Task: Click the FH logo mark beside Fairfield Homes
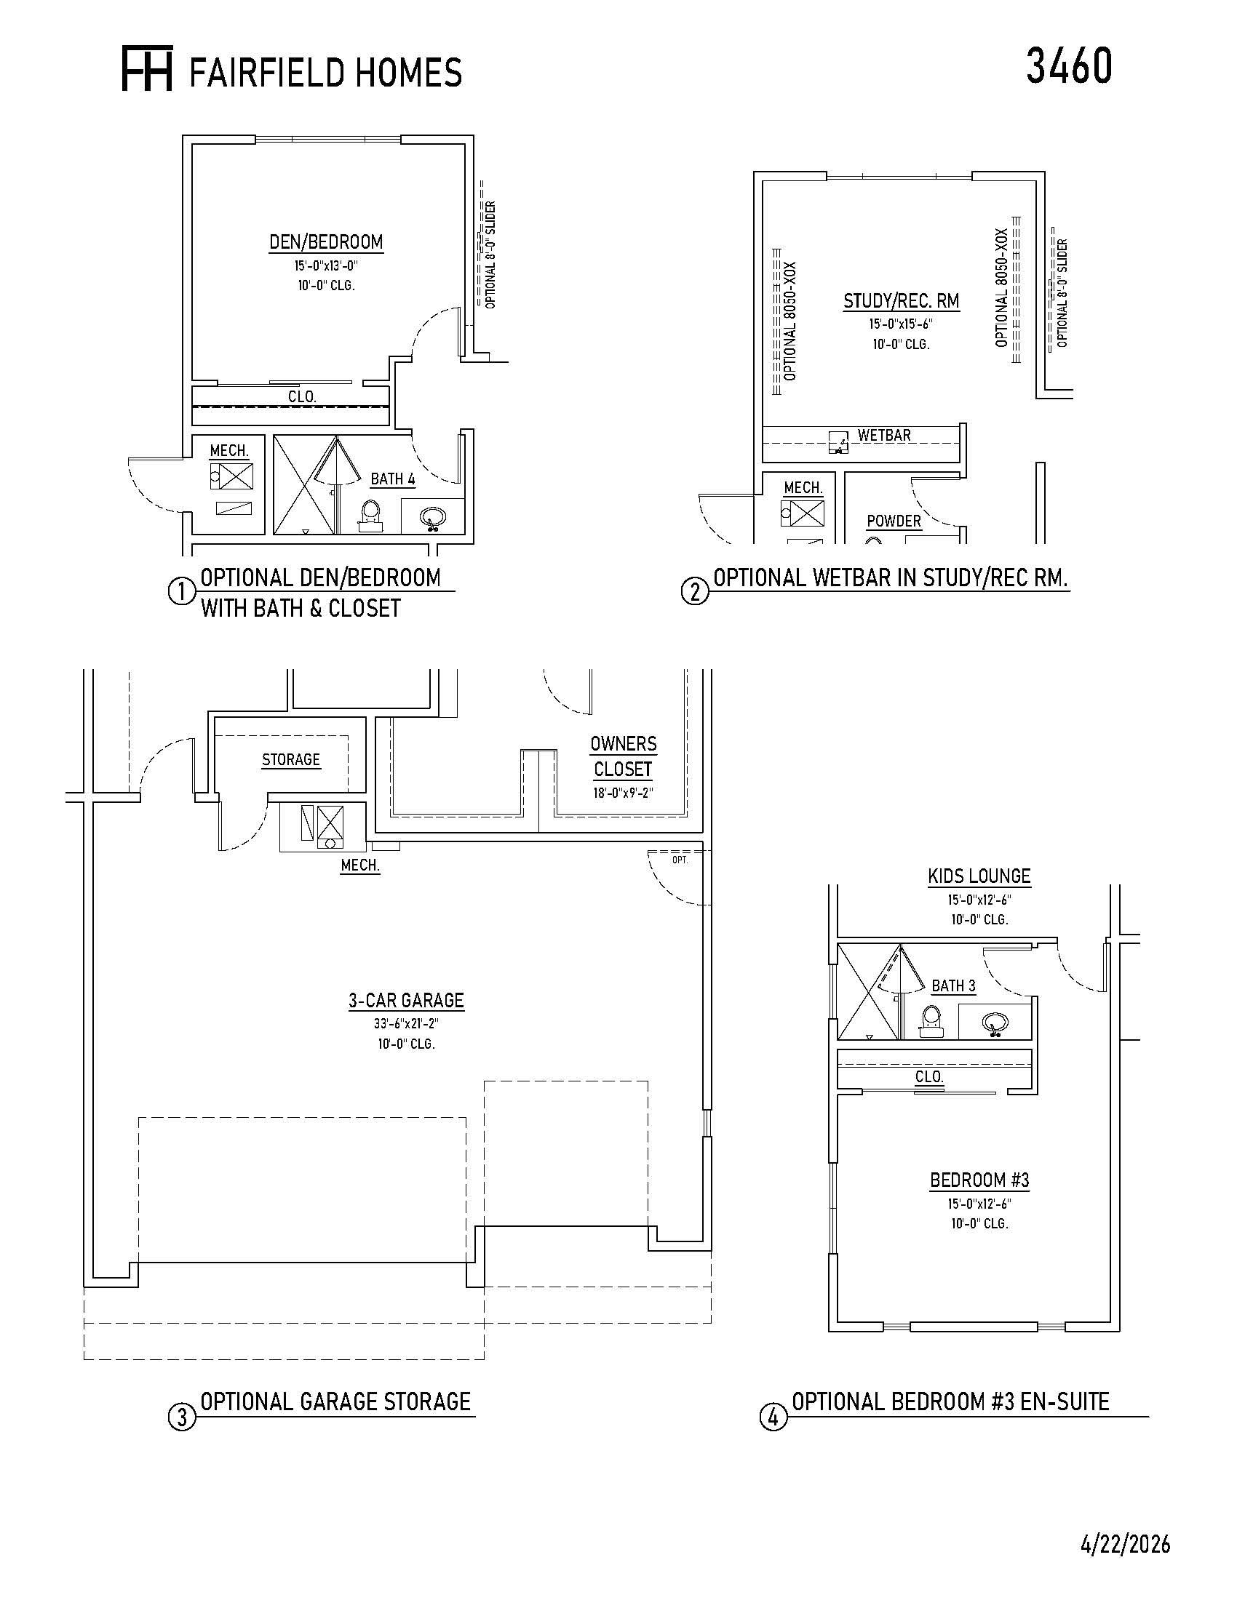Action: [146, 70]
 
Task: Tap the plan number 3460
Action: [1068, 65]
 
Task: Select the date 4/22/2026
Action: [1125, 1544]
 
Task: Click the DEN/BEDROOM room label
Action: [326, 241]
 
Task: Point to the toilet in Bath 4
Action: [370, 515]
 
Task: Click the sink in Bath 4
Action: [432, 517]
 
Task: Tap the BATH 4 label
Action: [393, 479]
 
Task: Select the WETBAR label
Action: [885, 435]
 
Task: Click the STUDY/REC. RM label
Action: [902, 301]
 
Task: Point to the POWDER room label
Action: [894, 521]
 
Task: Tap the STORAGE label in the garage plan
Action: [291, 760]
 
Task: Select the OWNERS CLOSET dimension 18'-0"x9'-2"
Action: [623, 793]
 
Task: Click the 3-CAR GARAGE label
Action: [406, 1001]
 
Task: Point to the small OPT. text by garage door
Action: [680, 860]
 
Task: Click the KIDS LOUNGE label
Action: [979, 876]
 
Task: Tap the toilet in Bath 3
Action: [931, 1020]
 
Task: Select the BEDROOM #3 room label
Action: [980, 1180]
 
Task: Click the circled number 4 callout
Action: [772, 1417]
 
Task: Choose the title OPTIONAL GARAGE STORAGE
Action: [335, 1401]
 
